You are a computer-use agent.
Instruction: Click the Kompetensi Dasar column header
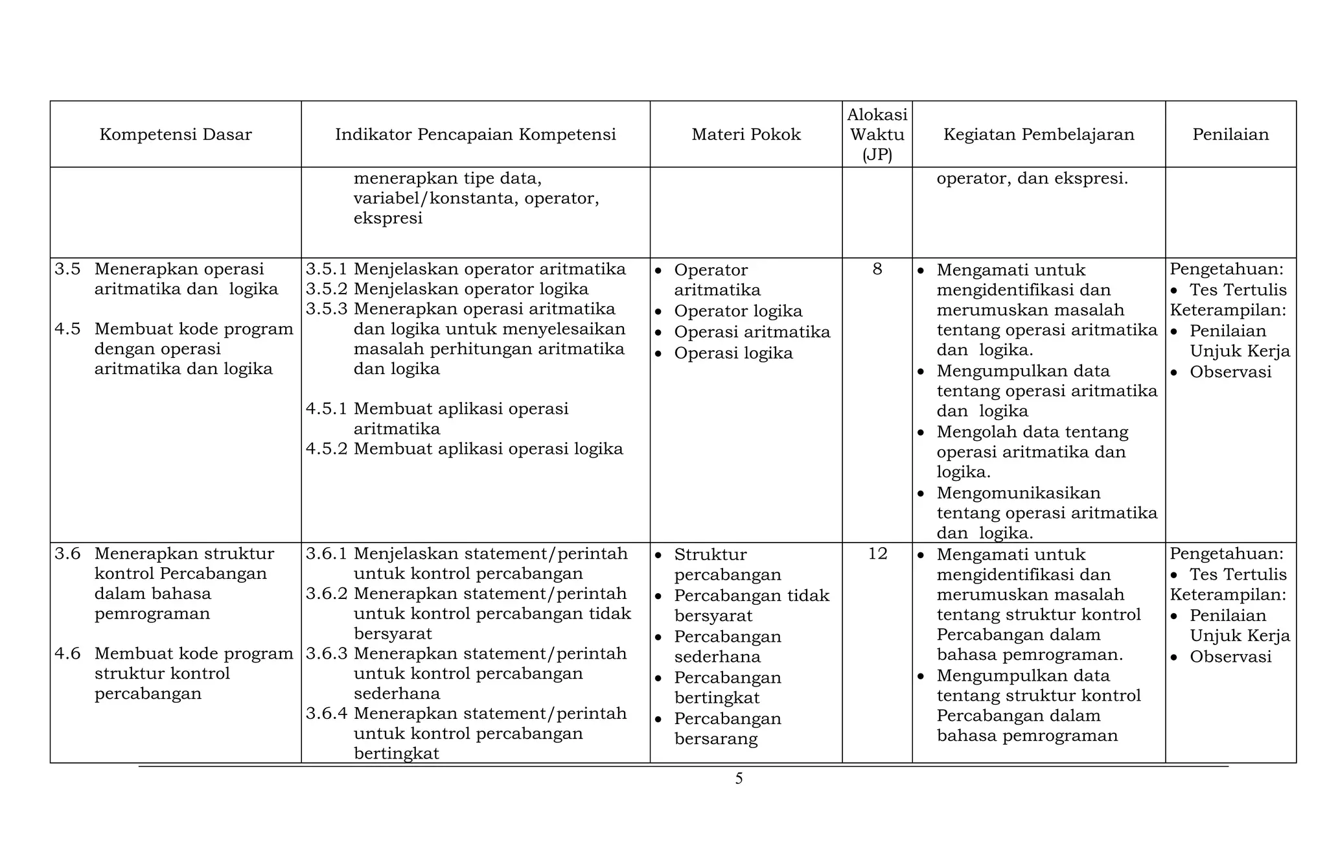pyautogui.click(x=175, y=135)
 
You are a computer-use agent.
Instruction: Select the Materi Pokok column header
pyautogui.click(x=746, y=135)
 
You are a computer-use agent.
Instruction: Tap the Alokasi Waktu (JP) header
pyautogui.click(x=877, y=135)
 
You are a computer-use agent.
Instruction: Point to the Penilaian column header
pyautogui.click(x=1230, y=135)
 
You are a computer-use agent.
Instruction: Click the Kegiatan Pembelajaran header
pyautogui.click(x=1038, y=135)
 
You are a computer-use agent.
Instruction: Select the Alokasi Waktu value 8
pyautogui.click(x=877, y=269)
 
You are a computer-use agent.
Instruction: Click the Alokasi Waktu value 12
pyautogui.click(x=877, y=554)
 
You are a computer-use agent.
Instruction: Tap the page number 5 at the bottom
pyautogui.click(x=739, y=779)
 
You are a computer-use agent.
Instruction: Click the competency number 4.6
pyautogui.click(x=67, y=653)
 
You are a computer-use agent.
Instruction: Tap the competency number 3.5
pyautogui.click(x=67, y=269)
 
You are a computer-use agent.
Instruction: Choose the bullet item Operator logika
pyautogui.click(x=737, y=311)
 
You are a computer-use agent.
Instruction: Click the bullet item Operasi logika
pyautogui.click(x=733, y=353)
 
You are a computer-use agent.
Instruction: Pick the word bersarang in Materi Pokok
pyautogui.click(x=715, y=739)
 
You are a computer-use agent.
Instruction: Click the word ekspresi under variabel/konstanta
pyautogui.click(x=387, y=218)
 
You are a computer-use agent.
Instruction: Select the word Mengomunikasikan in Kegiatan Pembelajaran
pyautogui.click(x=1018, y=493)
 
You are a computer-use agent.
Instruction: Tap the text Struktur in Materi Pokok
pyautogui.click(x=710, y=555)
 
